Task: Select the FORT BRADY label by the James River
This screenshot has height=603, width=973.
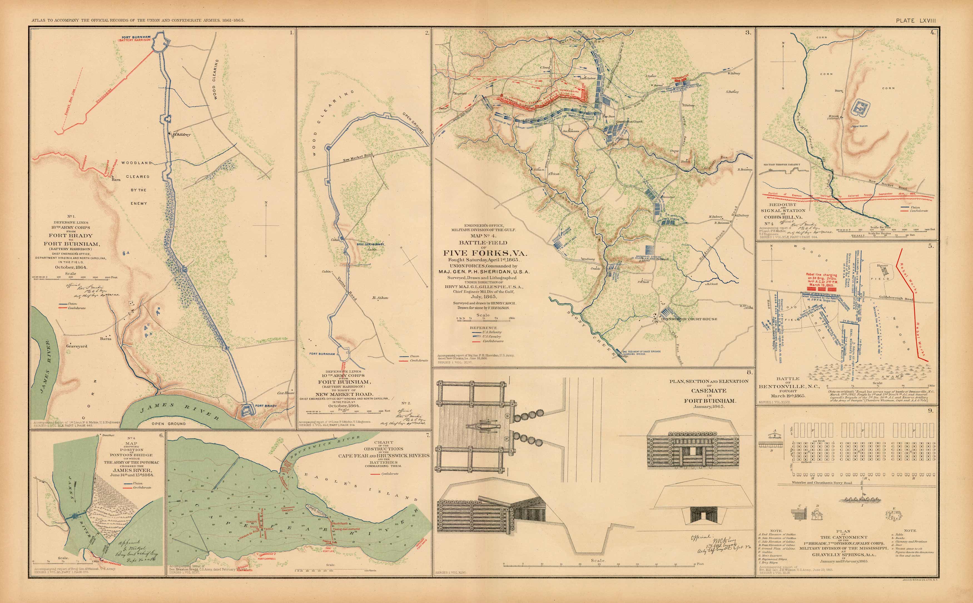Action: pos(265,406)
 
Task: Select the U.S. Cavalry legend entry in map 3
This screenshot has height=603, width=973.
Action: pos(492,337)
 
